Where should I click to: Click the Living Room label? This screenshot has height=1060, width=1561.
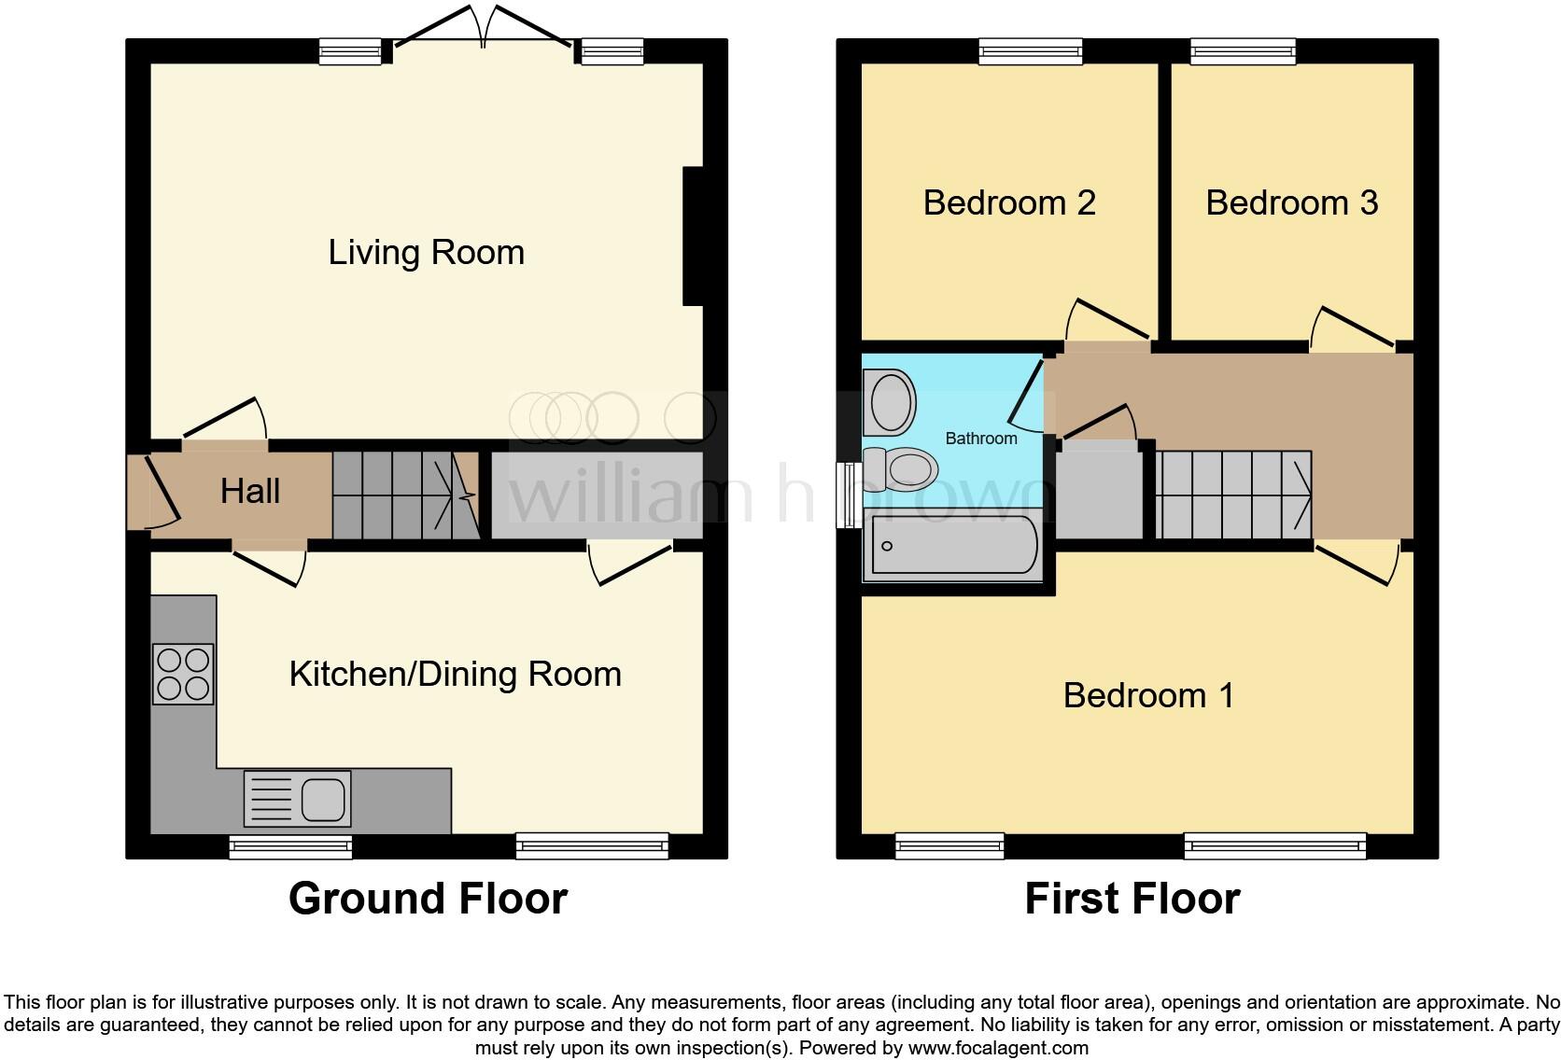(x=426, y=252)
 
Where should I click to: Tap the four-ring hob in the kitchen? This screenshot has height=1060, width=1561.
(x=183, y=674)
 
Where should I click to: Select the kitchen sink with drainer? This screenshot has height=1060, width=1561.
(x=298, y=799)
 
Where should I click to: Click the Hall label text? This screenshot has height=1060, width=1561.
(x=250, y=491)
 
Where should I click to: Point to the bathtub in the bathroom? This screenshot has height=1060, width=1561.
(x=953, y=545)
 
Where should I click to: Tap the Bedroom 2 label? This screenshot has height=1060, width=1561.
(x=1008, y=202)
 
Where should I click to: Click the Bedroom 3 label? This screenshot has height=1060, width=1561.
(x=1291, y=202)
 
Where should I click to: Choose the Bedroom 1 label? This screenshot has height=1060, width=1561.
(x=1148, y=695)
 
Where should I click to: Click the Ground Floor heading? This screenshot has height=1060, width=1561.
(x=428, y=899)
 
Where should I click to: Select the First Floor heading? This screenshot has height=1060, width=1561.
(x=1132, y=899)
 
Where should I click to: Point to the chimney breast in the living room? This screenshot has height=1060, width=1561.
(x=693, y=236)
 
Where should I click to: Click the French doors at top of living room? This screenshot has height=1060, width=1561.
(x=483, y=28)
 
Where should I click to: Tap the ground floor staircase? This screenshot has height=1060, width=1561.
(x=403, y=495)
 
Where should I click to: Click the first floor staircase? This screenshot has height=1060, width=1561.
(x=1233, y=495)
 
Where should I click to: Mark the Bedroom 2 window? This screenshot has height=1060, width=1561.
(x=1031, y=51)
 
